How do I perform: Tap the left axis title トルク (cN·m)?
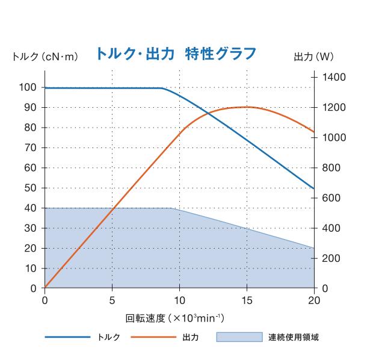point(45,57)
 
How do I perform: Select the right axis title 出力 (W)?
point(313,57)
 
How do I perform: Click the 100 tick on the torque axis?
point(27,87)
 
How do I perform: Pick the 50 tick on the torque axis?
point(29,188)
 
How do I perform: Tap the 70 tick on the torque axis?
point(29,147)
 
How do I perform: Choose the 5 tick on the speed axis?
point(112,300)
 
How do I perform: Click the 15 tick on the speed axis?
point(247,300)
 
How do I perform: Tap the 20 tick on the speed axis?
point(314,300)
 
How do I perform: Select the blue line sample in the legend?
point(67,337)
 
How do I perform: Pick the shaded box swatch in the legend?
point(239,337)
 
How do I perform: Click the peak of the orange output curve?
point(247,107)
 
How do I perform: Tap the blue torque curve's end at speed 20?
point(314,188)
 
